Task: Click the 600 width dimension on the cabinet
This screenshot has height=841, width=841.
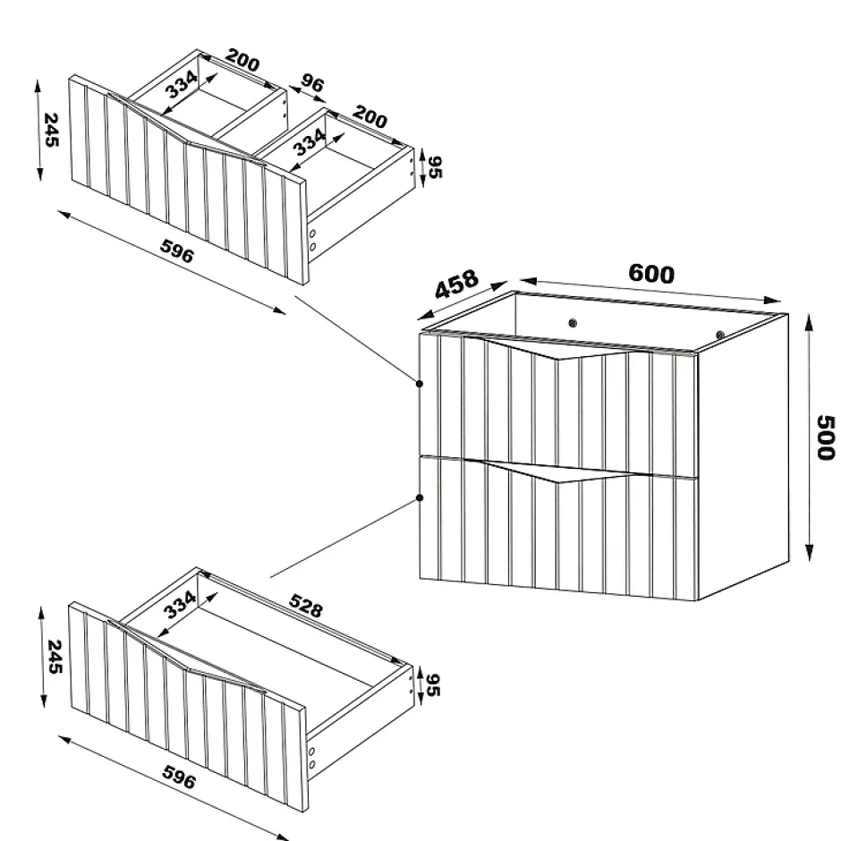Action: coord(650,274)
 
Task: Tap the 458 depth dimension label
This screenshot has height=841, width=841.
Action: coord(456,285)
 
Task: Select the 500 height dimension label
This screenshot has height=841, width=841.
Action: coord(826,437)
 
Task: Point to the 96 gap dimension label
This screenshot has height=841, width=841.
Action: coord(312,84)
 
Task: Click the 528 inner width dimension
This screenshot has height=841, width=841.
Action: coord(306,606)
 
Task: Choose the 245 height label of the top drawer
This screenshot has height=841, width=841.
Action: coord(51,129)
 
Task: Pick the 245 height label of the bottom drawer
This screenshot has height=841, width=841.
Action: coord(55,657)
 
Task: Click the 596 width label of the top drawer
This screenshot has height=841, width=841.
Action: coord(176,251)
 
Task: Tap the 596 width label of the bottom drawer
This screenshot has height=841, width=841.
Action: coord(179,777)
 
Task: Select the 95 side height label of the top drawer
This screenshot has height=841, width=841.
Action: coord(435,166)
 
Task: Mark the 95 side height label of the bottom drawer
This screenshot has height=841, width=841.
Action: coord(432,685)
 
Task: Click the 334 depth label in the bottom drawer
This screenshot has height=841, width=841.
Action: coord(180,605)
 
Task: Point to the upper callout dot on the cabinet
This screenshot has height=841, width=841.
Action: coord(420,384)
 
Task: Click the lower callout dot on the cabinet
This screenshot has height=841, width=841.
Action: coord(420,497)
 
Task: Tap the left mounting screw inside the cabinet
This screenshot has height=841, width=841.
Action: coord(573,323)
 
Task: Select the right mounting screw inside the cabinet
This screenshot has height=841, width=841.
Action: coord(720,335)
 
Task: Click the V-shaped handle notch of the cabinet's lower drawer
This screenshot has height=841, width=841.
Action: coord(557,471)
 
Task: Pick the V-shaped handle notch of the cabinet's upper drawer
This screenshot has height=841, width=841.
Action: coord(557,348)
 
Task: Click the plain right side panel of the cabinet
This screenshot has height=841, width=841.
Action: coord(743,456)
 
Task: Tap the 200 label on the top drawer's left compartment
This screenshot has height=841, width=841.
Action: coord(242,60)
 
